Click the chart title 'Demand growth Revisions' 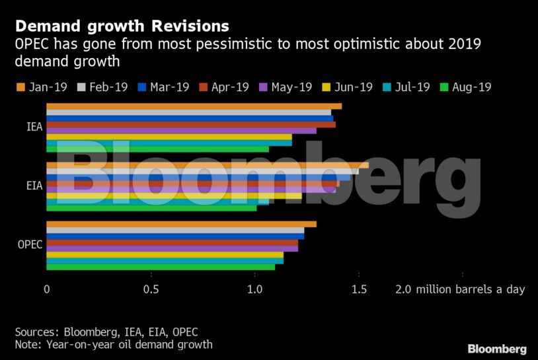point(122,26)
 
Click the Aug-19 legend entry point(465,87)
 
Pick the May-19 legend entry point(285,87)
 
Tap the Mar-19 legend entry point(164,87)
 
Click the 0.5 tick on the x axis point(151,289)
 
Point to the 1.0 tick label point(255,289)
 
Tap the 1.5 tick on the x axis point(359,289)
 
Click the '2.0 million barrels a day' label point(460,289)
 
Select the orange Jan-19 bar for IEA point(194,106)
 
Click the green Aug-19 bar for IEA point(157,149)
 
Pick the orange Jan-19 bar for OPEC point(181,224)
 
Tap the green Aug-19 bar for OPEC point(161,267)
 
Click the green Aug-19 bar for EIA point(151,208)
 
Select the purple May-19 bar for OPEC point(172,248)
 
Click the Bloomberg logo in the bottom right point(497,349)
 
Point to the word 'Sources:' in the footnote point(36,332)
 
